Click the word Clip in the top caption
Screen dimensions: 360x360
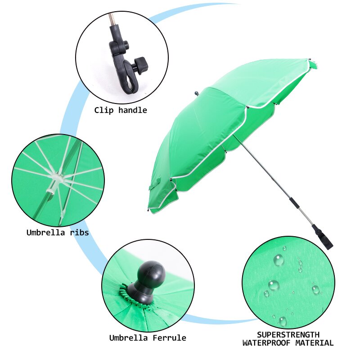pyautogui.click(x=104, y=110)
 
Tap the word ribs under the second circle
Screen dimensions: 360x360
pyautogui.click(x=79, y=233)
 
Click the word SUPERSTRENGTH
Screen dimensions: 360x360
pyautogui.click(x=288, y=335)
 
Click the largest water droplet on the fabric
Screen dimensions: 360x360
pyautogui.click(x=279, y=260)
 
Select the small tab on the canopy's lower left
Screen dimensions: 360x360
pyautogui.click(x=155, y=184)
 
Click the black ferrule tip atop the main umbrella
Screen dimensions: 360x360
pyautogui.click(x=197, y=94)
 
